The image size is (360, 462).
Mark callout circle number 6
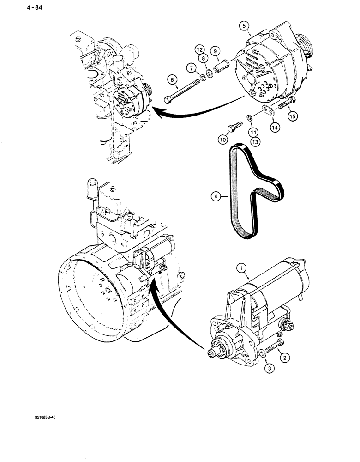[x=172, y=80]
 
